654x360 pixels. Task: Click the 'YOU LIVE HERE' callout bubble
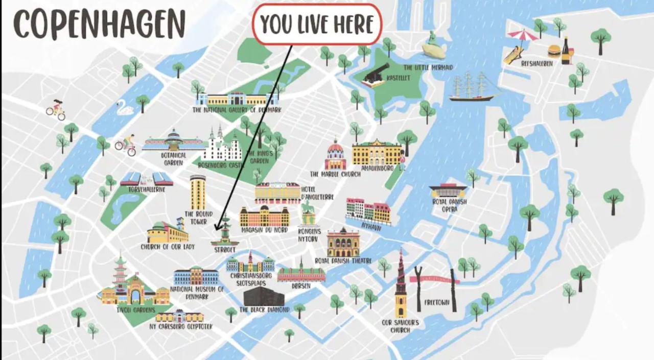tap(317, 24)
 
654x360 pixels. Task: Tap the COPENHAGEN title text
tap(100, 23)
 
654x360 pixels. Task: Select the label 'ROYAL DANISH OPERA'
tap(450, 205)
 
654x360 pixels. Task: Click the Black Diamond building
tap(264, 296)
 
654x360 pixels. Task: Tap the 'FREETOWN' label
tap(436, 302)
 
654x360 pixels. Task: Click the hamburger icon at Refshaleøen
tap(554, 51)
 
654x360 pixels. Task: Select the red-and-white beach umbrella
tap(523, 36)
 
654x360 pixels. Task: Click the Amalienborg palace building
tap(377, 152)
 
